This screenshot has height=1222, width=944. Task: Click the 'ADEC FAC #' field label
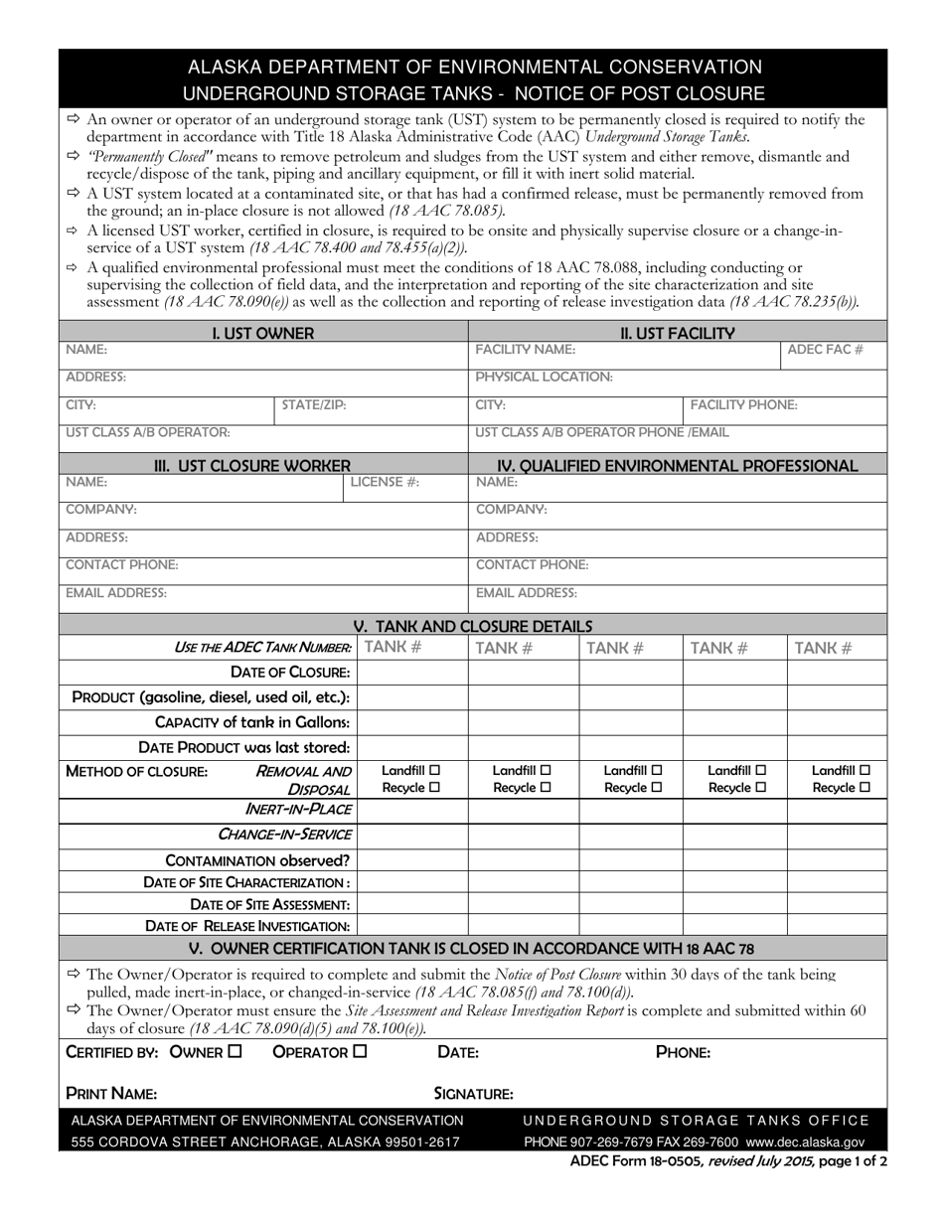[825, 350]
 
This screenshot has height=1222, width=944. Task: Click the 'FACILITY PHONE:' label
[743, 405]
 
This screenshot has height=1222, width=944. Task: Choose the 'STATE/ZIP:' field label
[314, 405]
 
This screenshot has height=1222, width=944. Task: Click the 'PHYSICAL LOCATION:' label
[544, 378]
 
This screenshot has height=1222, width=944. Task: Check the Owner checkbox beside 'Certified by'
[235, 1051]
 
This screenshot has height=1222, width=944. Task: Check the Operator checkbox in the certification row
[360, 1051]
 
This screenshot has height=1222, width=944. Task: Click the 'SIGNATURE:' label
[473, 1094]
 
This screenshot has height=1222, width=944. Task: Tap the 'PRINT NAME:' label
[111, 1094]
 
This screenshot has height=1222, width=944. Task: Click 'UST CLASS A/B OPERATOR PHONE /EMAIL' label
[602, 432]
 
